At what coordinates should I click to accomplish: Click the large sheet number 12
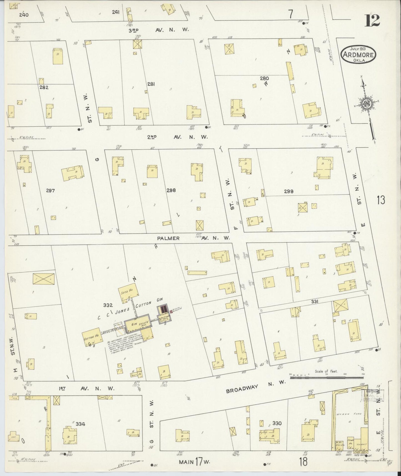(x=372, y=20)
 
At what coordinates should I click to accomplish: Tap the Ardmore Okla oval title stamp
(x=358, y=54)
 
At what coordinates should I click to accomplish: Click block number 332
(x=108, y=305)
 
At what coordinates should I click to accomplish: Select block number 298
(x=171, y=190)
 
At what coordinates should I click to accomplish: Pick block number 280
(x=264, y=78)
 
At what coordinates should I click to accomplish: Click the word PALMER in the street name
(x=168, y=238)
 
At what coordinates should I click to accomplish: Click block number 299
(x=289, y=191)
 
